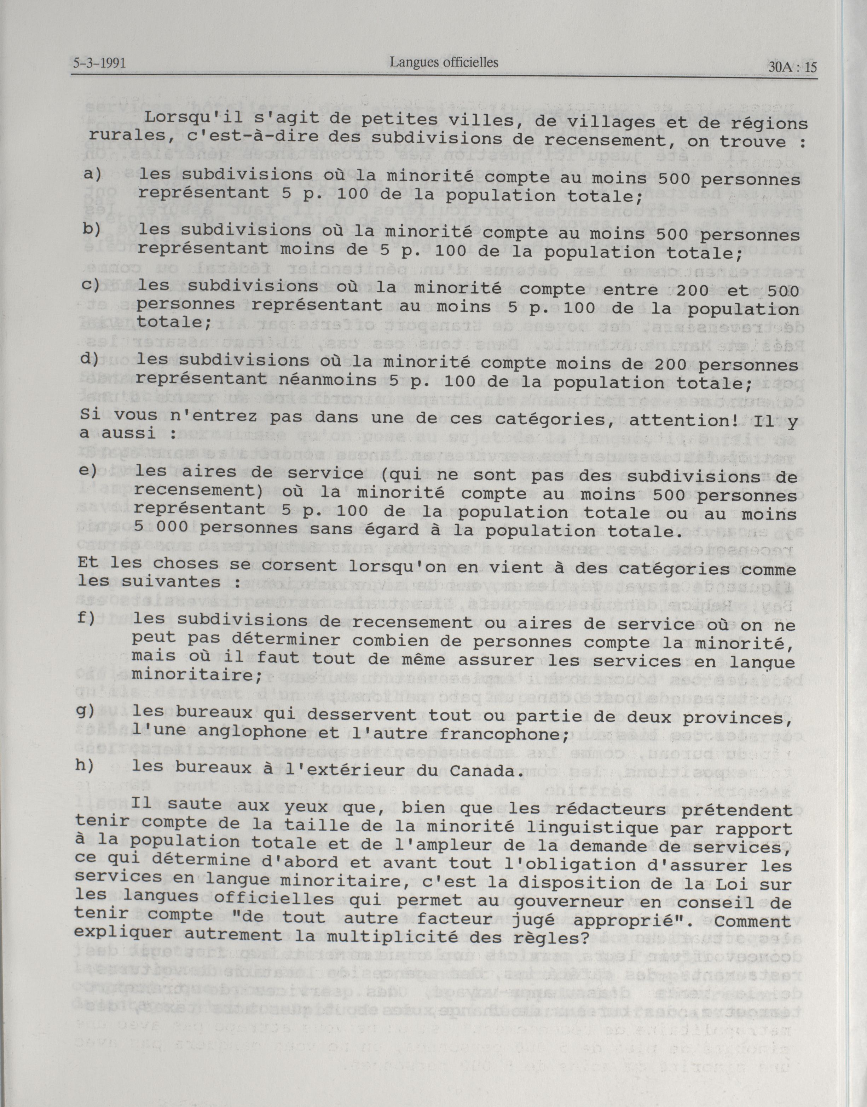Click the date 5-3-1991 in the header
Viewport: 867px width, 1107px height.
pyautogui.click(x=99, y=64)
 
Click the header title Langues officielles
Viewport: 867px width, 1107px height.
pyautogui.click(x=444, y=62)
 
